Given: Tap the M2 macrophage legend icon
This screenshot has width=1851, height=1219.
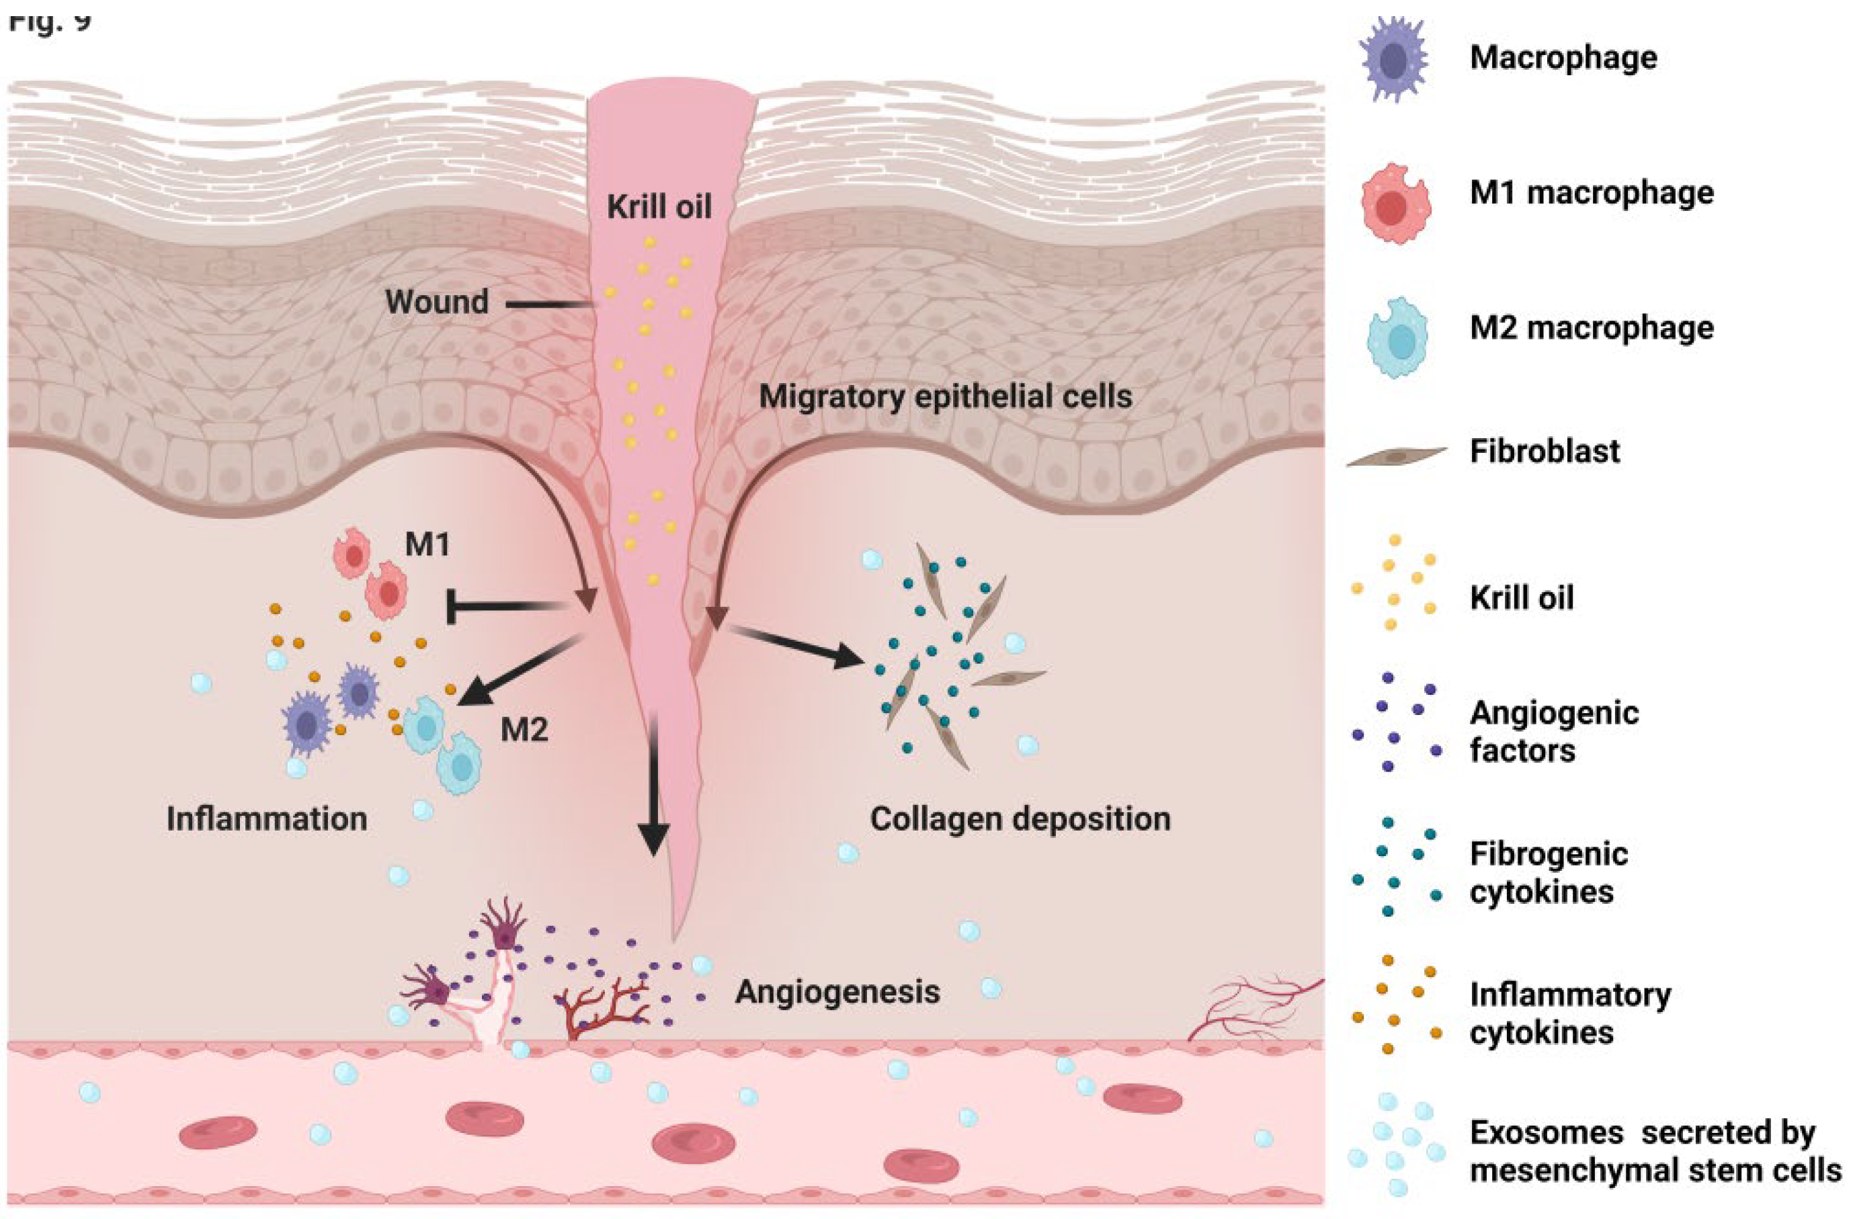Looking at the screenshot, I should point(1397,337).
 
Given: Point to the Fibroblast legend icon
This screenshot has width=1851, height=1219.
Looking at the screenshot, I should point(1397,457).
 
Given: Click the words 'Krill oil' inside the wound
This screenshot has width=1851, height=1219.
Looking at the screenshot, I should point(659,208).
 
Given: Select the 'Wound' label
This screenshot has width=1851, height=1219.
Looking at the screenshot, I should point(436,302).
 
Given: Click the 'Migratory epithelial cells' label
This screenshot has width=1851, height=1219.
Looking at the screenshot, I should point(945,397).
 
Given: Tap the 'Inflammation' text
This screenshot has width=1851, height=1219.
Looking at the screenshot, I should point(267,818).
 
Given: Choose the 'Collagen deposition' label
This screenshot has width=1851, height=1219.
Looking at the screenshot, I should point(1020,818).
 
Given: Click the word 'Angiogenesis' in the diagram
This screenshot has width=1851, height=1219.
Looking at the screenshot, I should point(837,991).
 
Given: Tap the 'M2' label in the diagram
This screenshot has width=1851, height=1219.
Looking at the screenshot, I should point(524,730).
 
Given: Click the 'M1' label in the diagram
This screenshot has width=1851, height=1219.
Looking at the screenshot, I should point(427,545).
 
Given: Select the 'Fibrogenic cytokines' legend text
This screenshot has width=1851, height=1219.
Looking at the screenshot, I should point(1548,872).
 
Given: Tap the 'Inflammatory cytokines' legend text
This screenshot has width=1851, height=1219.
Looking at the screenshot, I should point(1569,1014).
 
